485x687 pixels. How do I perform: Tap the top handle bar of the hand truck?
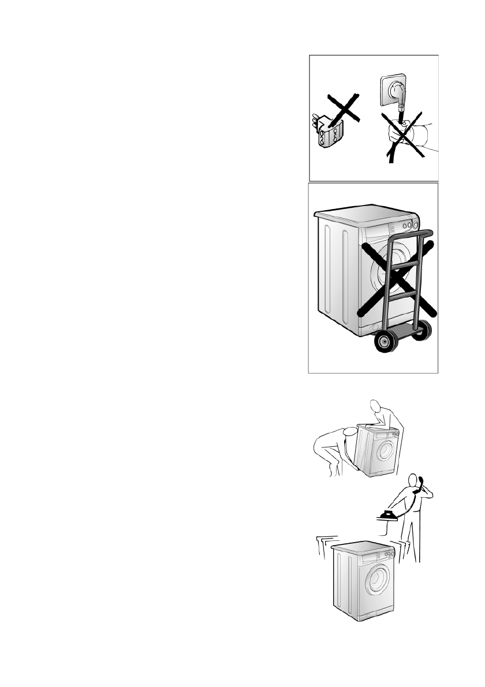412,236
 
